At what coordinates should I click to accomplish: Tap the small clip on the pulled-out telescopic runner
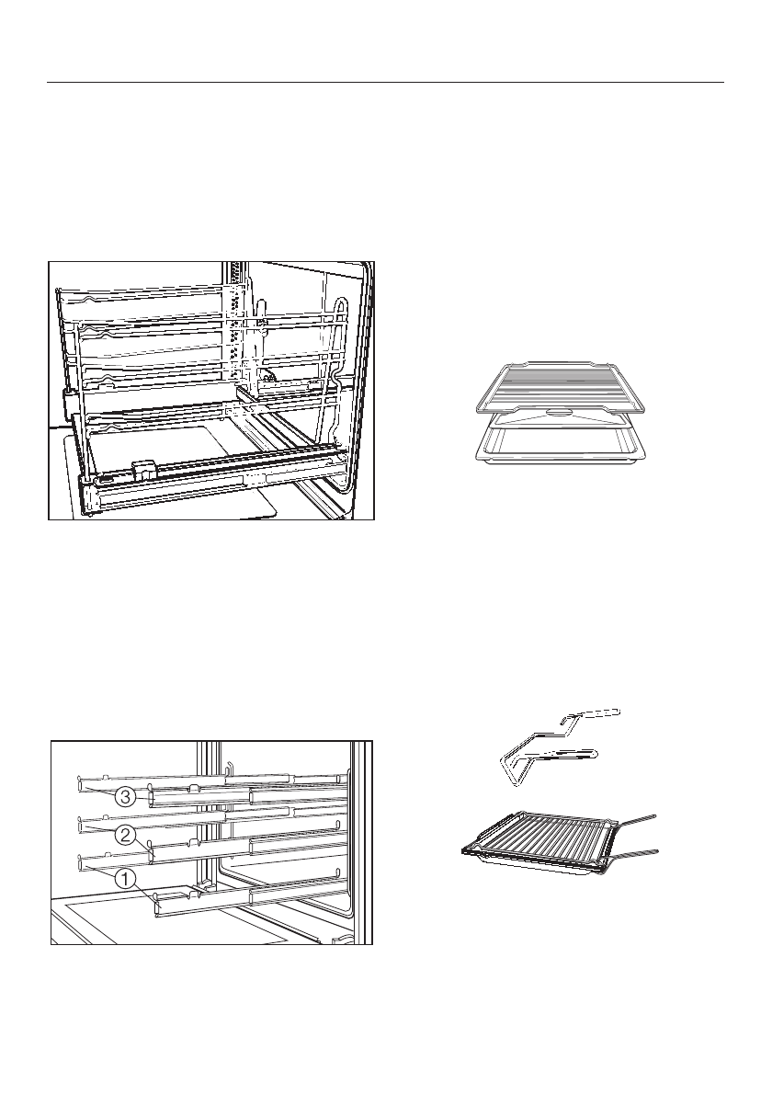(143, 468)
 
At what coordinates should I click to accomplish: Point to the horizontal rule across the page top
(386, 82)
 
